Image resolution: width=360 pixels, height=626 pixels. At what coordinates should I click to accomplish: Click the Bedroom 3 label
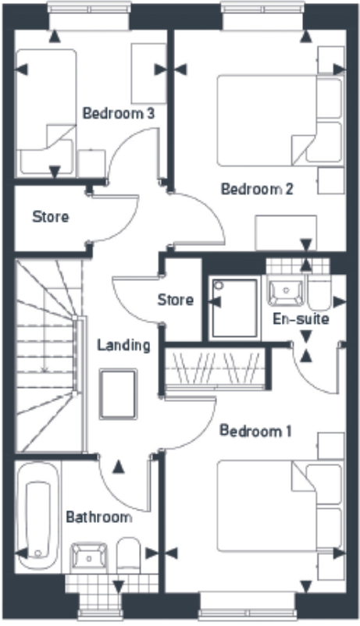coord(118,113)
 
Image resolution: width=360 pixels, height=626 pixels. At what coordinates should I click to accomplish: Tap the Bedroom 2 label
coord(257,189)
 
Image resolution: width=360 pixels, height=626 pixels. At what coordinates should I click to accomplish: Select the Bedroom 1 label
coord(255,431)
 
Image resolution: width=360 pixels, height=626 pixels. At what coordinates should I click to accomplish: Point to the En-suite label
coord(301,319)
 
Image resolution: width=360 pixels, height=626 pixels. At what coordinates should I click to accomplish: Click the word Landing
coord(123,344)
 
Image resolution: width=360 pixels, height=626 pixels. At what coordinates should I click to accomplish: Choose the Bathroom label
coord(98,517)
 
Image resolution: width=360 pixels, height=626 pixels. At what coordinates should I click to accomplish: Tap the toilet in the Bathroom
coord(127,555)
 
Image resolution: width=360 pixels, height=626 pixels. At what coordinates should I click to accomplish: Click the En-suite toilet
coord(319,292)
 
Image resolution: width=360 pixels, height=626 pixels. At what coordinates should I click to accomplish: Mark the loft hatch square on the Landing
coord(118,395)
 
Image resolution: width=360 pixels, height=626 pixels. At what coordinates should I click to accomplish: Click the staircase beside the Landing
coord(47,355)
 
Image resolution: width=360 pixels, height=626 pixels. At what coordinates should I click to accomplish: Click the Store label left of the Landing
coord(50,217)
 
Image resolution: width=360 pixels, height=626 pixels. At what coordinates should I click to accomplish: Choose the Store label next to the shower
coord(175,300)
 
